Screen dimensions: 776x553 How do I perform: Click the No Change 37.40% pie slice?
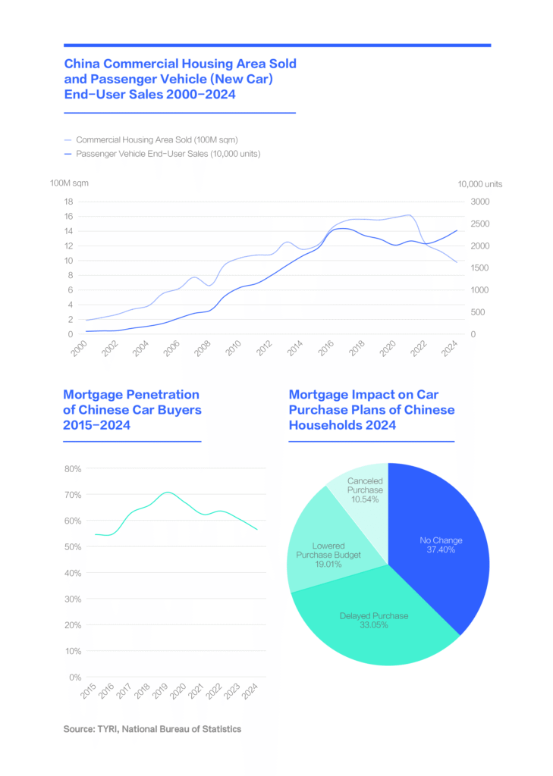441,546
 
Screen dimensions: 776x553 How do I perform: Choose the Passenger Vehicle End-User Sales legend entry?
168,154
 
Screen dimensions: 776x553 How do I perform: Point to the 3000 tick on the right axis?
482,202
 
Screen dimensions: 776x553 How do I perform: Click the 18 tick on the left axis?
68,202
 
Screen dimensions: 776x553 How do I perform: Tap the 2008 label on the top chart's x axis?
201,348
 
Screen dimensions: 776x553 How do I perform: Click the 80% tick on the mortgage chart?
73,469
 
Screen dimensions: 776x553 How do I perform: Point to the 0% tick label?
75,677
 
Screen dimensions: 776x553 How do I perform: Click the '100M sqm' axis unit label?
69,183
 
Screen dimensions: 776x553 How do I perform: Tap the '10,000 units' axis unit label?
479,183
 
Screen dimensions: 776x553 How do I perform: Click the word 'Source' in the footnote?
80,729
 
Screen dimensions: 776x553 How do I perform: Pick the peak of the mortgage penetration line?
168,492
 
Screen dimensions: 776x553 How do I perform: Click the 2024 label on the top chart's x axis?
450,348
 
